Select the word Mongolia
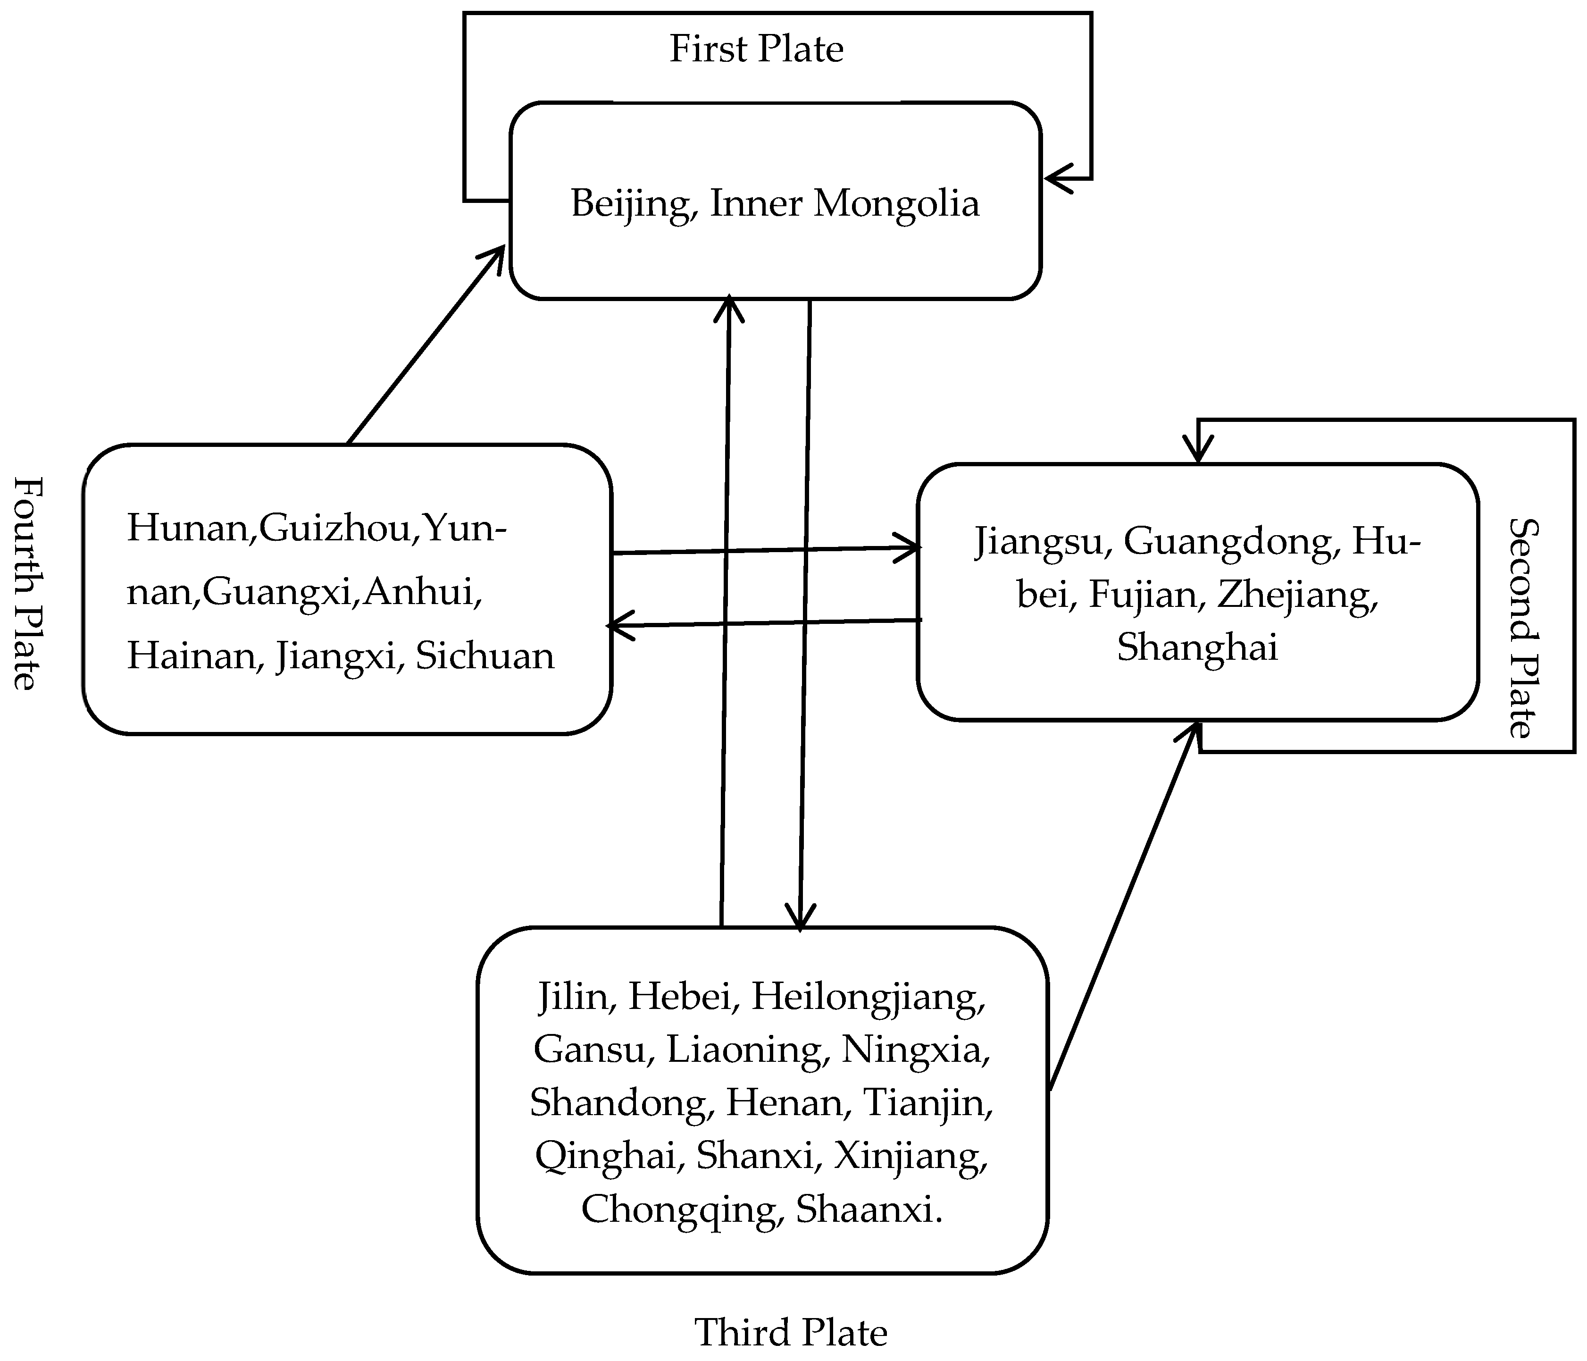[896, 204]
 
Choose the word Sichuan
[485, 657]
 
